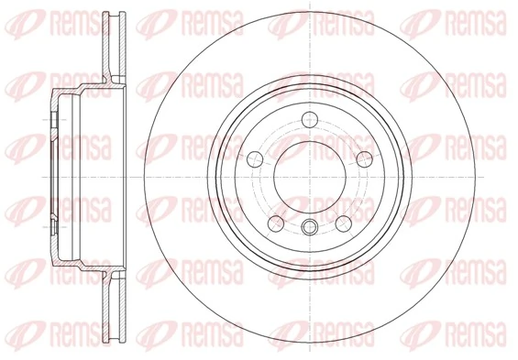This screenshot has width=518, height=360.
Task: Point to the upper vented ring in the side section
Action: [114, 46]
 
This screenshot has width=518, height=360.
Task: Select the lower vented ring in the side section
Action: [114, 302]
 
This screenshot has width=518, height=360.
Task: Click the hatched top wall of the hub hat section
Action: [83, 89]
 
